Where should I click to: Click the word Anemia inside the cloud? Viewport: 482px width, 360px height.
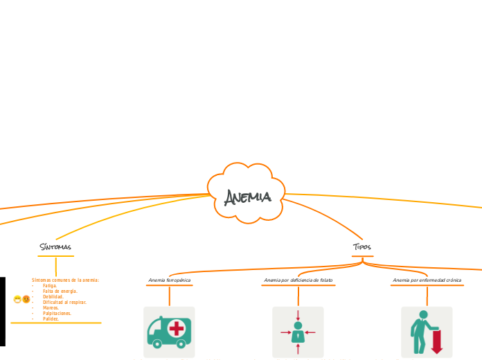pos(247,197)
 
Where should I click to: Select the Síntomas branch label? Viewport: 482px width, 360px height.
pos(55,247)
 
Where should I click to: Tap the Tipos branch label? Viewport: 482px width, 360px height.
pos(362,247)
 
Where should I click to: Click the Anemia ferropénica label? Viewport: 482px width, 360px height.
pos(169,280)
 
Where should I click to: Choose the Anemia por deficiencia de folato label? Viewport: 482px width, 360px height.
pos(298,280)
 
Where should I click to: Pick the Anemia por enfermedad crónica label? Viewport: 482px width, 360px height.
pos(427,280)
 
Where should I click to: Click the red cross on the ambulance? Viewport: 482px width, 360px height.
pos(177,327)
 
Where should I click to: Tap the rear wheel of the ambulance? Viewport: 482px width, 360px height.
pos(157,343)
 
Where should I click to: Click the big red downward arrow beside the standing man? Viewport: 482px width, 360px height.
pos(437,342)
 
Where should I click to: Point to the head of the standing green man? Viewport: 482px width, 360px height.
pos(423,315)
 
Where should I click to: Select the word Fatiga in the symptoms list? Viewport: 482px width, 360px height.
pos(50,285)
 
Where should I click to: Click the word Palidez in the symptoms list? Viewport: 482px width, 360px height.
pos(51,319)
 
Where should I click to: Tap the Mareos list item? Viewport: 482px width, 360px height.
pos(51,308)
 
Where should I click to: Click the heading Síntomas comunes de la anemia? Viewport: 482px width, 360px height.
pos(65,280)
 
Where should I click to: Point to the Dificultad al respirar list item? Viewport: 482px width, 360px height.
pos(64,303)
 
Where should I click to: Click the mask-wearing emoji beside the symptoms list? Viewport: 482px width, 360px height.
pos(17,300)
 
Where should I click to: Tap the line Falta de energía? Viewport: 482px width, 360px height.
pos(60,291)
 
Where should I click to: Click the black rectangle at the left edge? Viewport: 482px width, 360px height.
pos(2,312)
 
